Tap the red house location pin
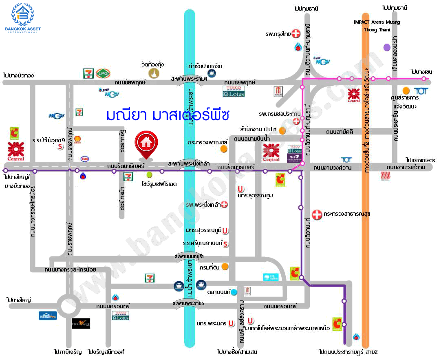[x=146, y=144]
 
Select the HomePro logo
[x=48, y=315]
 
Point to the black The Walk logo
[x=81, y=323]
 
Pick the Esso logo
[x=85, y=159]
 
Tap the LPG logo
[x=102, y=73]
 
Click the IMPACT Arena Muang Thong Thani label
[x=377, y=26]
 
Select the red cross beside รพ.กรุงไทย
[x=297, y=33]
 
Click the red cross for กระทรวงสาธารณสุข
[x=317, y=214]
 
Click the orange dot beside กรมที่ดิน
[x=225, y=267]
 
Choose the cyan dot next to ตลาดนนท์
[x=234, y=292]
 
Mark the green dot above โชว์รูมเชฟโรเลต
[x=150, y=175]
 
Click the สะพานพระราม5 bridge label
[x=188, y=304]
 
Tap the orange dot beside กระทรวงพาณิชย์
[x=223, y=149]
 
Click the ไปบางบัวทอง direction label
[x=18, y=75]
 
